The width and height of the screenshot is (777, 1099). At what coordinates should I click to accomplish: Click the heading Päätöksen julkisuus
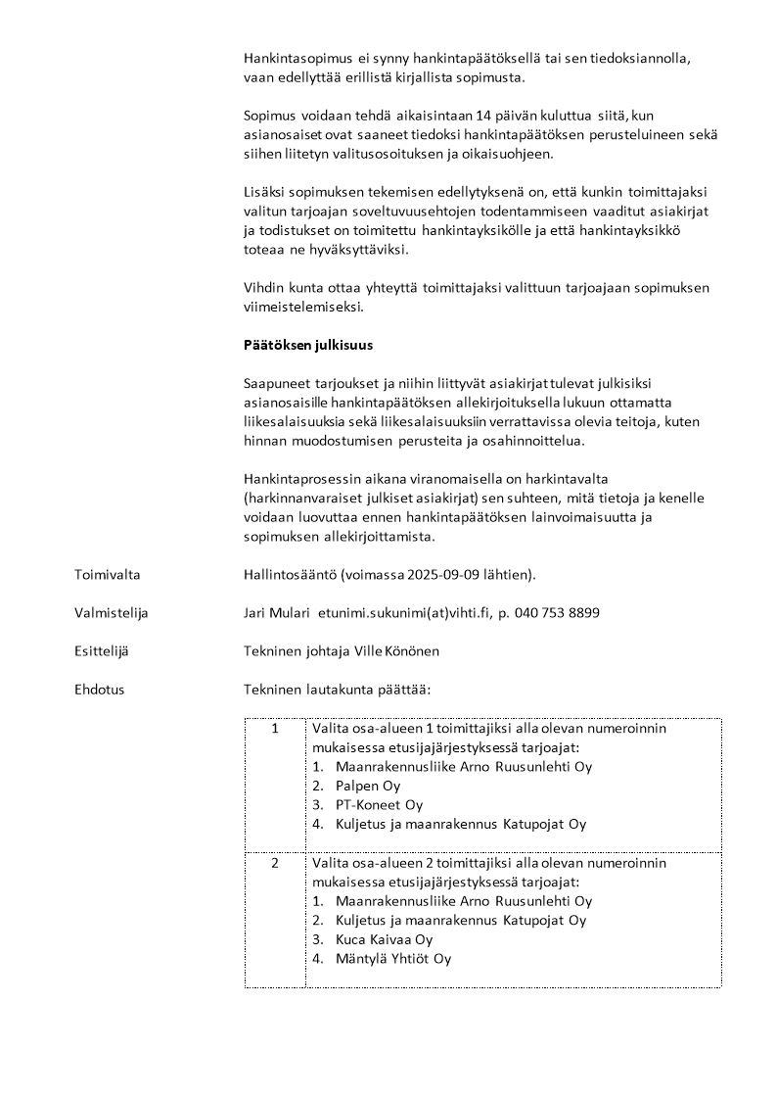[307, 345]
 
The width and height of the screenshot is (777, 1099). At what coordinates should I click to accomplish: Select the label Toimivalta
[108, 575]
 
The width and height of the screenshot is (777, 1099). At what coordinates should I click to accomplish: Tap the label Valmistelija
[111, 613]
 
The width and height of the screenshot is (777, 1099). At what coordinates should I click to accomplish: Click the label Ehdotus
[100, 690]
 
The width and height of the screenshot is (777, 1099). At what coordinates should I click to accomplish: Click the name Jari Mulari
[276, 613]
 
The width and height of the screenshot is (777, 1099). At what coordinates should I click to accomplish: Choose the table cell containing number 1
[275, 729]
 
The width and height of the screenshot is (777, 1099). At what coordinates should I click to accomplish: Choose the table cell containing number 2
[275, 863]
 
